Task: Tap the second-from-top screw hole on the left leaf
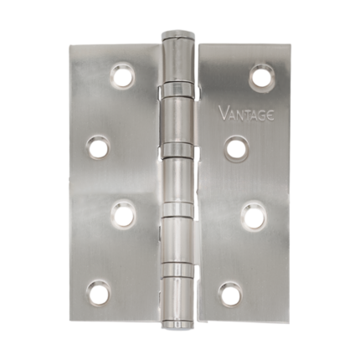[x=99, y=149]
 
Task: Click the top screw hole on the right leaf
[x=261, y=78]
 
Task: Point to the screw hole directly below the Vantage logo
[x=236, y=149]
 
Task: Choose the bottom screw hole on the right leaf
[x=229, y=294]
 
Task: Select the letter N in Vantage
[x=239, y=113]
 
